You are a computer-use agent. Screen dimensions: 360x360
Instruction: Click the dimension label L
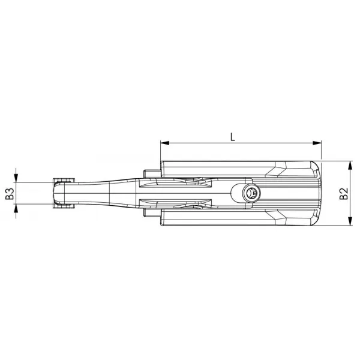(x=233, y=137)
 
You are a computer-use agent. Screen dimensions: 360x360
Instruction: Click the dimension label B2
(x=344, y=194)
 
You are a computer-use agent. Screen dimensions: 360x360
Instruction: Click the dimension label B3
(x=10, y=194)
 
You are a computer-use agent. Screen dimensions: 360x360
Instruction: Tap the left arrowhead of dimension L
(x=165, y=143)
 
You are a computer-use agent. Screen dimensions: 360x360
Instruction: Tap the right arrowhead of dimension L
(x=317, y=143)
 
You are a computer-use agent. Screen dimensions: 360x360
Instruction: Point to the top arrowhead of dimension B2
(x=350, y=165)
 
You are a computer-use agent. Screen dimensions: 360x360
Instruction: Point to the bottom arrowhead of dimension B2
(x=350, y=221)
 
